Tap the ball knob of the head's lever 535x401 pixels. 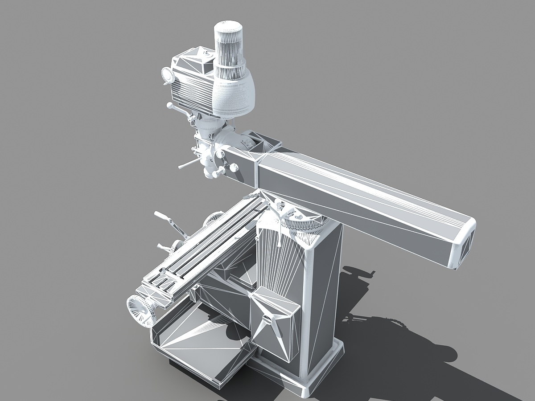(x=169, y=106)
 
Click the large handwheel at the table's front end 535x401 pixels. (x=140, y=309)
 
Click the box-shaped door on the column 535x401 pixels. (x=274, y=323)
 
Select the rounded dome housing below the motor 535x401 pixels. (x=234, y=96)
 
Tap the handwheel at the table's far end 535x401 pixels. (x=214, y=219)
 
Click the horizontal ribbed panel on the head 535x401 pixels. (x=192, y=89)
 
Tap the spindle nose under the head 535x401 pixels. (x=210, y=172)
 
